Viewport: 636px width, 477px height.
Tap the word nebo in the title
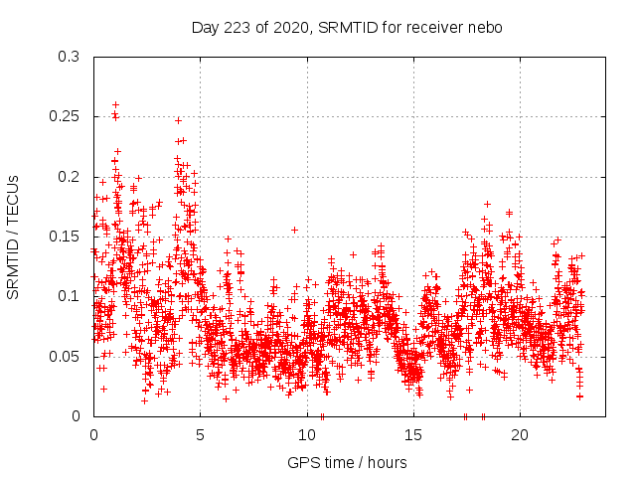(485, 28)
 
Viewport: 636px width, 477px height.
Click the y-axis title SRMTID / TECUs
(13, 237)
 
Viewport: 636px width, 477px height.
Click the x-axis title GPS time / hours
(347, 462)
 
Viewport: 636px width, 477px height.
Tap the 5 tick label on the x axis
(200, 435)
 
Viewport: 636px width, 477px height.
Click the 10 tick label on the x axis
(307, 435)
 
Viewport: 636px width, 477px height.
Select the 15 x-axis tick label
(413, 435)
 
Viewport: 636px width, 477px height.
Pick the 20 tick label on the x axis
(520, 435)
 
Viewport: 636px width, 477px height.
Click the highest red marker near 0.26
(115, 104)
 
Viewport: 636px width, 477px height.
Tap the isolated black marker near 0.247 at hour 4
(178, 120)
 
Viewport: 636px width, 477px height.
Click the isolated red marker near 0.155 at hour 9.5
(294, 230)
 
